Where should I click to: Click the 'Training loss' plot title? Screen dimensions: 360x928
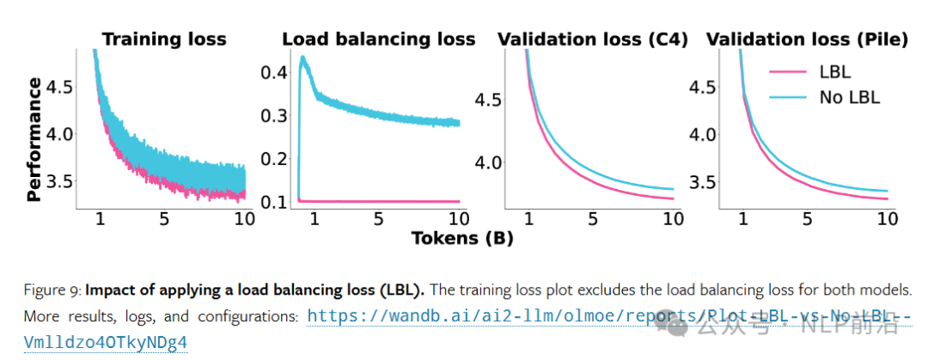pyautogui.click(x=164, y=39)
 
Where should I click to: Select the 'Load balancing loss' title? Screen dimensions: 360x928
pyautogui.click(x=378, y=39)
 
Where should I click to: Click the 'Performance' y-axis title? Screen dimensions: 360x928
pyautogui.click(x=34, y=138)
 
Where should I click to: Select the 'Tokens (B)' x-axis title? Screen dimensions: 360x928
pyautogui.click(x=461, y=238)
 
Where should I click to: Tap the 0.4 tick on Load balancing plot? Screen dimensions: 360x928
pyautogui.click(x=274, y=72)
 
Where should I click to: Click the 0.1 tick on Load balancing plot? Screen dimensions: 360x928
pyautogui.click(x=274, y=202)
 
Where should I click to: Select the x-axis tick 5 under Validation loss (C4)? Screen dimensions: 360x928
pyautogui.click(x=593, y=221)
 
